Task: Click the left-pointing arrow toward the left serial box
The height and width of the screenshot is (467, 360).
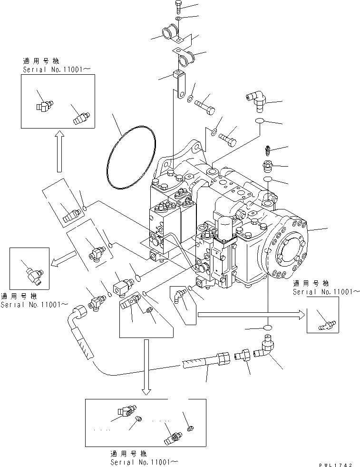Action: pyautogui.click(x=60, y=260)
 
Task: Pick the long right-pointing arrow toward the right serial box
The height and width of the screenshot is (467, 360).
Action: pyautogui.click(x=250, y=314)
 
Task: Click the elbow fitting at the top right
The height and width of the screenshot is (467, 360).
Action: pyautogui.click(x=257, y=100)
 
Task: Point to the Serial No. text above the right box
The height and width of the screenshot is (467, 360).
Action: pyautogui.click(x=326, y=291)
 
